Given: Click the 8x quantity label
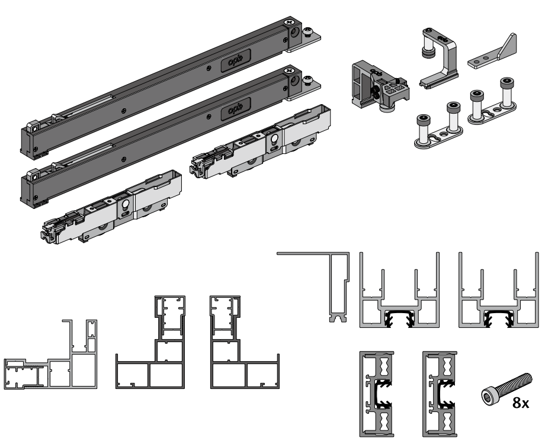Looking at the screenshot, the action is pyautogui.click(x=520, y=403).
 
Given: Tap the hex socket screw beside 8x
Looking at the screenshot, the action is pyautogui.click(x=506, y=389).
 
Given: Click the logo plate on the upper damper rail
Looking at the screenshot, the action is pyautogui.click(x=236, y=61).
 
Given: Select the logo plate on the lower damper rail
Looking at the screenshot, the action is pyautogui.click(x=236, y=109).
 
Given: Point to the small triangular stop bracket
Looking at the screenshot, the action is pyautogui.click(x=492, y=51).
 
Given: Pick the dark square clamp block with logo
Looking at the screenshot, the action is pyautogui.click(x=379, y=86).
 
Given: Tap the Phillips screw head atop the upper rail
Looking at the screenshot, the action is pyautogui.click(x=288, y=22).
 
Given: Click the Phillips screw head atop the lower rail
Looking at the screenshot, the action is pyautogui.click(x=288, y=71).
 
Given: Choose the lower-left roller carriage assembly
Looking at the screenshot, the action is pyautogui.click(x=111, y=207).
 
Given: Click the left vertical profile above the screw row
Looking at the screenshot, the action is pyautogui.click(x=377, y=394).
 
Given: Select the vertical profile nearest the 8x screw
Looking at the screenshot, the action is pyautogui.click(x=440, y=394).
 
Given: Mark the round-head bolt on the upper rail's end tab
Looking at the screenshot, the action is pyautogui.click(x=307, y=32).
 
